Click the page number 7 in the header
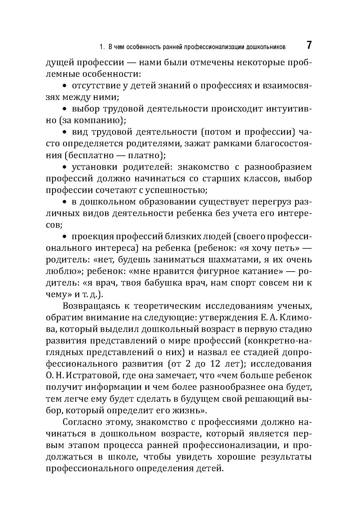pyautogui.click(x=309, y=45)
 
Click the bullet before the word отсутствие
pyautogui.click(x=64, y=86)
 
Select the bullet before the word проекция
pyautogui.click(x=64, y=237)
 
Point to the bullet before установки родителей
pyautogui.click(x=64, y=167)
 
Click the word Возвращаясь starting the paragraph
pyautogui.click(x=90, y=306)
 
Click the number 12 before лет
pyautogui.click(x=216, y=364)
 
